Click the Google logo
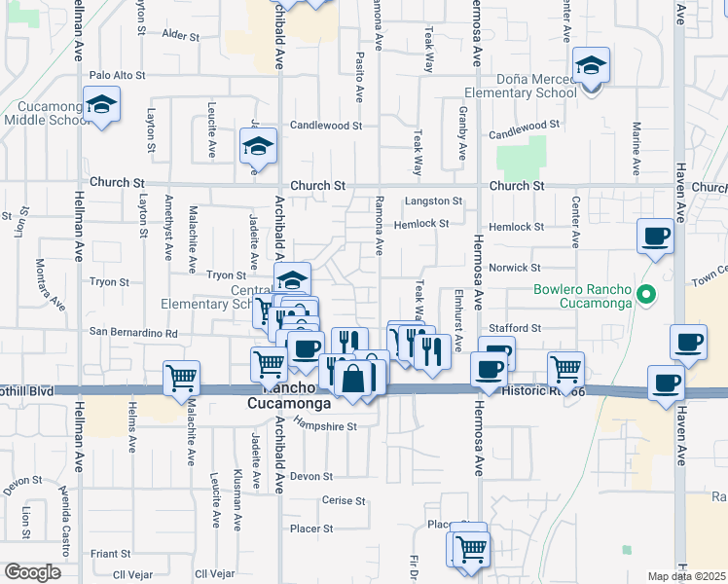pos(32,572)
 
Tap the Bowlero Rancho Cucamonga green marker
pos(644,292)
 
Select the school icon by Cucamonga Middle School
pos(100,105)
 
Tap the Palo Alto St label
pos(117,74)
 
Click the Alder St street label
pos(180,35)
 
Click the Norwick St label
pos(515,267)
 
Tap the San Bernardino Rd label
pos(134,332)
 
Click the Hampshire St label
pos(325,426)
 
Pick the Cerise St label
pos(343,501)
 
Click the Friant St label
pos(110,553)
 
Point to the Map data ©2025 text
pos(686,576)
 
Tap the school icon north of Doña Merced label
pos(589,64)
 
